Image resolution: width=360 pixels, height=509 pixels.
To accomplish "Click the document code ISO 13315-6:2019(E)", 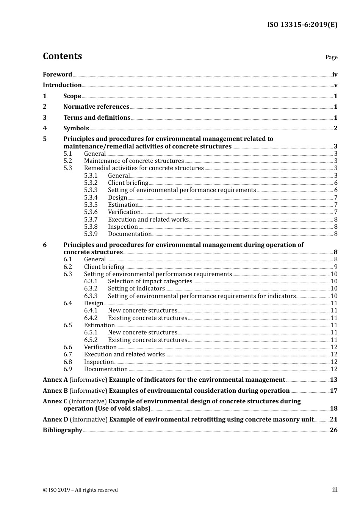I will pyautogui.click(x=302, y=25).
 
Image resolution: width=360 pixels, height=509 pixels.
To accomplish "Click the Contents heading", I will pyautogui.click(x=62, y=56).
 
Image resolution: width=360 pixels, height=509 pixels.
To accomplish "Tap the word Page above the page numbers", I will pyautogui.click(x=331, y=57).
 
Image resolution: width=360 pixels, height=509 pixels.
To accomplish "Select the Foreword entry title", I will pyautogui.click(x=57, y=75).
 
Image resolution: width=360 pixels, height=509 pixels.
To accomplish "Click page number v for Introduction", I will pyautogui.click(x=335, y=85).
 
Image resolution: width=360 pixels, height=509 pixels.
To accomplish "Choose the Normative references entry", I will pyautogui.click(x=96, y=107).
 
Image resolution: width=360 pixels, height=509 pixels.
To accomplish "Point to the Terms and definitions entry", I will pyautogui.click(x=97, y=118).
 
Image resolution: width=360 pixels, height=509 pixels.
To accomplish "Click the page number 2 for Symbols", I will pyautogui.click(x=335, y=128).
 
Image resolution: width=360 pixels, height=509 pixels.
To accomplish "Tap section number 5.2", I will pyautogui.click(x=67, y=161).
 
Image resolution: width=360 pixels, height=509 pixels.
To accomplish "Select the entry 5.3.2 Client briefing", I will pyautogui.click(x=128, y=183).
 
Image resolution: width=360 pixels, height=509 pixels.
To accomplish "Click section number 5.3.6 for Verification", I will pyautogui.click(x=91, y=212).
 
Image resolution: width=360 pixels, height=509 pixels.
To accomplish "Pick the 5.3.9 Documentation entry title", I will pyautogui.click(x=130, y=234).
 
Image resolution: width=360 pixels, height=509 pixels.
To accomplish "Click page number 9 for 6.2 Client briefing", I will pyautogui.click(x=335, y=267).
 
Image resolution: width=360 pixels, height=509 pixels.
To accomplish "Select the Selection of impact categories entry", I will pyautogui.click(x=150, y=281).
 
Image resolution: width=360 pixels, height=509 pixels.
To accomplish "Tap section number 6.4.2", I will pyautogui.click(x=91, y=318).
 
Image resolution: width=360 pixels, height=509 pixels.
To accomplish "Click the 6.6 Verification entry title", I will pyautogui.click(x=100, y=347).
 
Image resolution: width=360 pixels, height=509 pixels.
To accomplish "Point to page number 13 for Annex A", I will pyautogui.click(x=333, y=380).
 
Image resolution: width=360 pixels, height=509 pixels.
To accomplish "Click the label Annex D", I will pyautogui.click(x=55, y=420).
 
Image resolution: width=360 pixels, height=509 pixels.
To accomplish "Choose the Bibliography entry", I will pyautogui.click(x=63, y=430).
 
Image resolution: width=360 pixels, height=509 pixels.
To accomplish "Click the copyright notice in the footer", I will pyautogui.click(x=80, y=490).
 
